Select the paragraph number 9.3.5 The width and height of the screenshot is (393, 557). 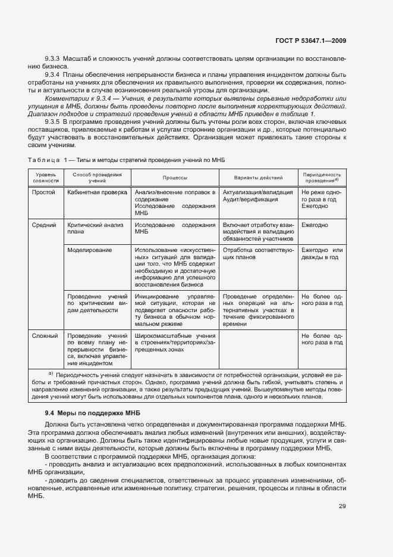53,120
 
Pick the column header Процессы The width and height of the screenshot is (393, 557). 175,178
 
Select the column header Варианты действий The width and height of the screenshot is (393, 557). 257,178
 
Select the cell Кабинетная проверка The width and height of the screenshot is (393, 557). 97,192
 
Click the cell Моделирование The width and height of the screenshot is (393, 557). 90,250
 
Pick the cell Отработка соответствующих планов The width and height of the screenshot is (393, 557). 257,254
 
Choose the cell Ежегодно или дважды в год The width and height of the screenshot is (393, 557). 322,254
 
